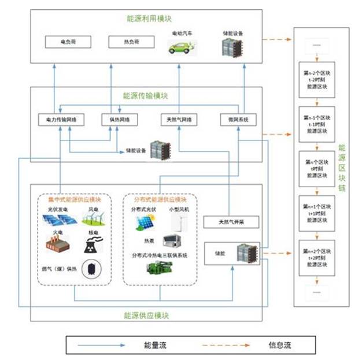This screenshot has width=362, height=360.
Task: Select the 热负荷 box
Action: tap(131, 42)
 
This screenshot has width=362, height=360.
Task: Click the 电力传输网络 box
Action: tap(61, 120)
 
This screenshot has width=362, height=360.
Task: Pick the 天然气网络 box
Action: tap(179, 120)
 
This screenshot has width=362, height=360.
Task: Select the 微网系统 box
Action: tap(238, 120)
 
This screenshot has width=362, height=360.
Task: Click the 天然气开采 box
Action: tap(230, 222)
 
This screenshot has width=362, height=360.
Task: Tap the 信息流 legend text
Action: tap(280, 346)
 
